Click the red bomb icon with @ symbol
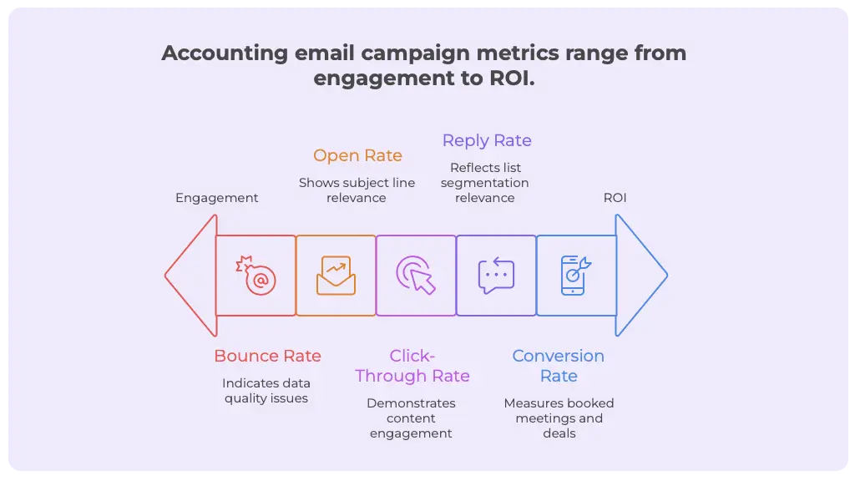(256, 276)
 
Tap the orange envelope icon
(336, 276)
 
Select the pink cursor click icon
(416, 276)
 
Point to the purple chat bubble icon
(496, 276)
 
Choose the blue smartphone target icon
(575, 276)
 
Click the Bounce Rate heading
(267, 356)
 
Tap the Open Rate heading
(357, 155)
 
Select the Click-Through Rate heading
(412, 366)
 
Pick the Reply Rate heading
(487, 140)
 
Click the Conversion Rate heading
(559, 366)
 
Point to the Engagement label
(216, 198)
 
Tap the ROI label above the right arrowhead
(615, 198)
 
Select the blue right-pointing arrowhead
(640, 276)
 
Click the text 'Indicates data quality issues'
(266, 391)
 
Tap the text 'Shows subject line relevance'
(357, 190)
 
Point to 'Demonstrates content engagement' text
(411, 418)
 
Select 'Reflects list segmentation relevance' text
(484, 183)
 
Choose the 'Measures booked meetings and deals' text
(559, 418)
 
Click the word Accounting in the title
(224, 53)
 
